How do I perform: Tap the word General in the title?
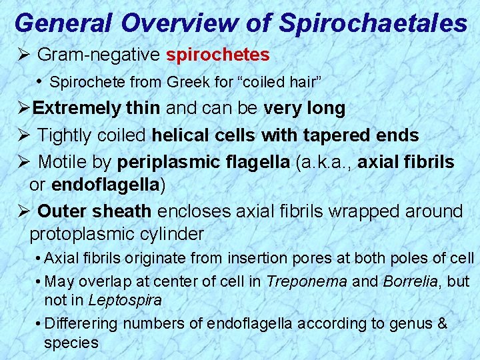click(64, 23)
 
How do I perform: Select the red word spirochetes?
click(218, 54)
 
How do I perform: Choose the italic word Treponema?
click(306, 281)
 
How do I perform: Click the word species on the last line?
click(71, 343)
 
